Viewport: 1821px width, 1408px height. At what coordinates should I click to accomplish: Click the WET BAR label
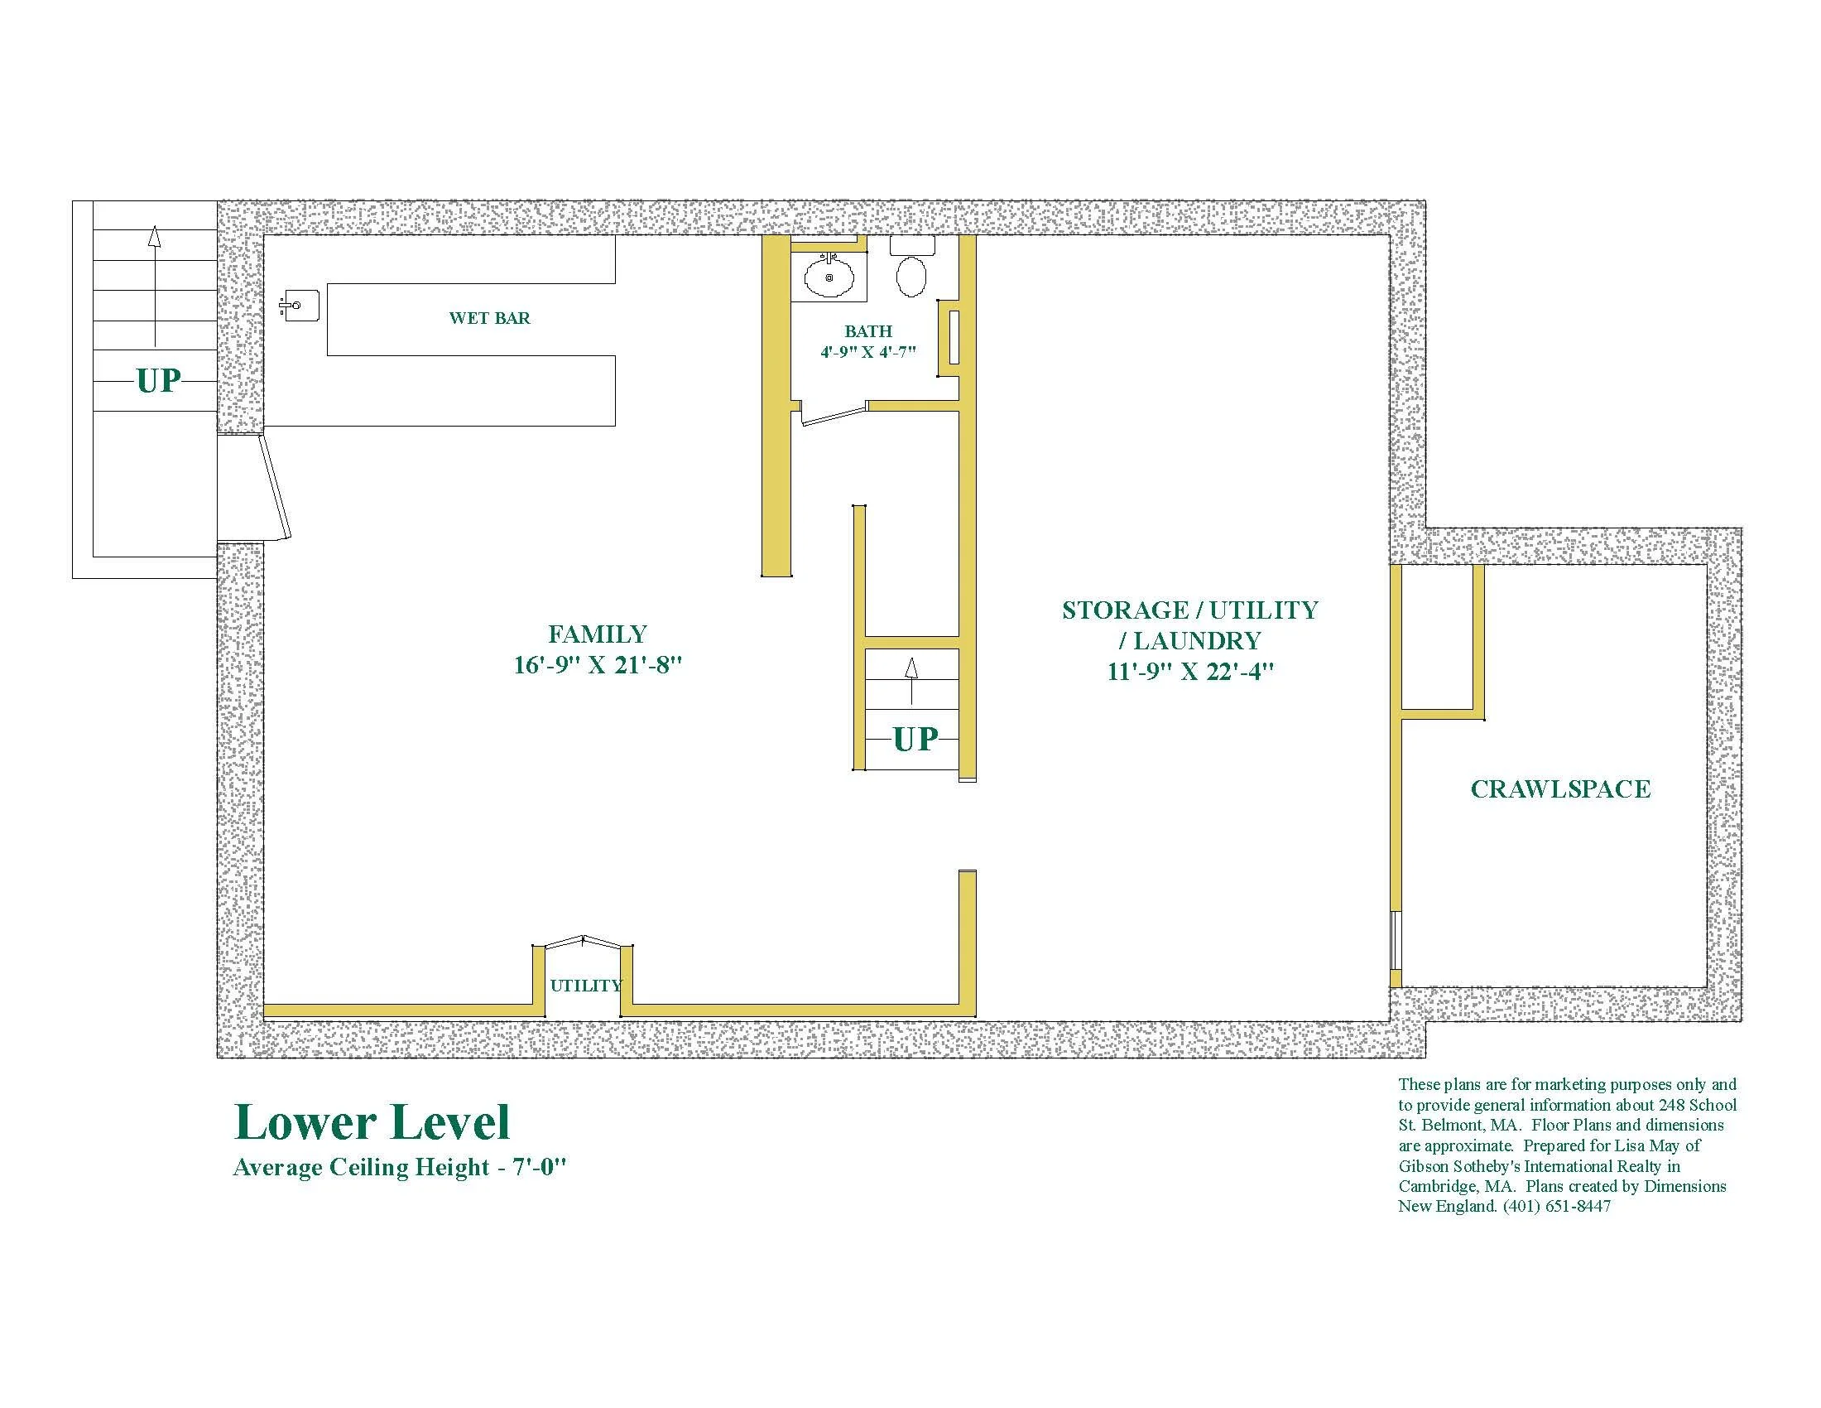489,318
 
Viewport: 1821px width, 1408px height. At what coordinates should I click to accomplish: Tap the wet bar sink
300,306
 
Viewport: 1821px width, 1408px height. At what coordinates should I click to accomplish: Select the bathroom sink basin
829,277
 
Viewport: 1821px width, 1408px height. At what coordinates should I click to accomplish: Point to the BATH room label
868,332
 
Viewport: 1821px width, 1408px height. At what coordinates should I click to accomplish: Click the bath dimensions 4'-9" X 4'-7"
868,352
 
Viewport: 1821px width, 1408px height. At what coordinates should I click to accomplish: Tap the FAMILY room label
597,634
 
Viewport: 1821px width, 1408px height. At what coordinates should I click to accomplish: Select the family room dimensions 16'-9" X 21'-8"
598,666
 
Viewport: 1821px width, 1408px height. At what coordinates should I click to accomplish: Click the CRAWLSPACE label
1560,789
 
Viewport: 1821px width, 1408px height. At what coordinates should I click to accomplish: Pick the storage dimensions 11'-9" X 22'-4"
1190,672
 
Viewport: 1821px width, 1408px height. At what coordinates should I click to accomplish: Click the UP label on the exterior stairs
158,381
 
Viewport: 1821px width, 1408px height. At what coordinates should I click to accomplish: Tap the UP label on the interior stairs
915,739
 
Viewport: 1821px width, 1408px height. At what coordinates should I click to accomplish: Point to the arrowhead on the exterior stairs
154,235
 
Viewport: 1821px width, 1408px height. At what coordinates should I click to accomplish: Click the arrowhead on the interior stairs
911,668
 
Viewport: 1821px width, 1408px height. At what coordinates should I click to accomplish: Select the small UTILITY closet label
586,985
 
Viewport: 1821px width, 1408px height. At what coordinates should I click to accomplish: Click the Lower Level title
372,1122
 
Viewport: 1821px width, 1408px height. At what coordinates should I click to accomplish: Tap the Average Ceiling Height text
401,1167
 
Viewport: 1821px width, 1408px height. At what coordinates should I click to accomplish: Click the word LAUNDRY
1198,641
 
